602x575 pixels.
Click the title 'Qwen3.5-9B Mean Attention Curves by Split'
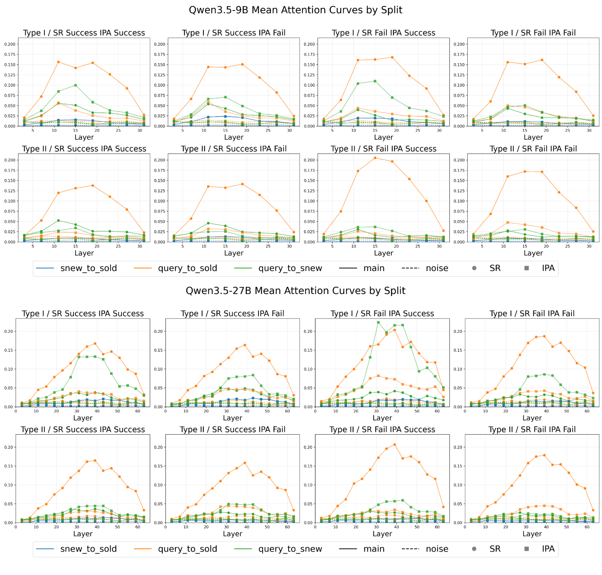295,10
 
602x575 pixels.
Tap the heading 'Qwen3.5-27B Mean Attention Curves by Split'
295,291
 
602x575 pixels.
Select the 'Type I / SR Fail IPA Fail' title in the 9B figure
533,33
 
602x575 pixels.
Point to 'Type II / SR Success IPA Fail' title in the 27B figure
233,429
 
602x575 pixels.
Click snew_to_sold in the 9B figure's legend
89,268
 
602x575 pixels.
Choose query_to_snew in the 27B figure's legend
290,549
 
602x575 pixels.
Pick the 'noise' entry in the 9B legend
437,268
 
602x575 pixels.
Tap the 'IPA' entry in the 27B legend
548,549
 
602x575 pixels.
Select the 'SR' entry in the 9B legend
495,268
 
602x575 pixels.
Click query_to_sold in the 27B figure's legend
187,549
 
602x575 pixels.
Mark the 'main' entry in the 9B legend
374,268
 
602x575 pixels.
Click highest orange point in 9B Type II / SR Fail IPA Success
375,158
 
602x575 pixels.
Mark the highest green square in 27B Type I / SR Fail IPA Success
378,322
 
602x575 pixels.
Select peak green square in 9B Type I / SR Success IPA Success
76,85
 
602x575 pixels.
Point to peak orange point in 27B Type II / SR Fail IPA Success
394,444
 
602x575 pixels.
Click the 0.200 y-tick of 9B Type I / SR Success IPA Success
10,44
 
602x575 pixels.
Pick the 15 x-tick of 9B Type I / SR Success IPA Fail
225,131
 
